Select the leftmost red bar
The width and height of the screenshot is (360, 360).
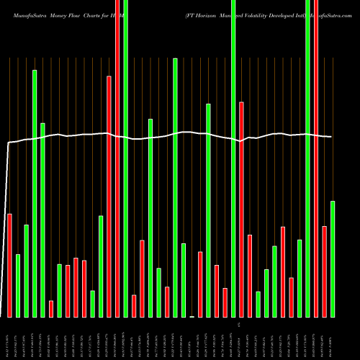[9, 265]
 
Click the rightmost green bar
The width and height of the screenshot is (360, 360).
[333, 258]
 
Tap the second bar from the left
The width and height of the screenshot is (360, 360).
[18, 285]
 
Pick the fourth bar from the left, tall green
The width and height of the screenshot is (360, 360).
[35, 193]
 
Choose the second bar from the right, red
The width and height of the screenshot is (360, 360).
[324, 271]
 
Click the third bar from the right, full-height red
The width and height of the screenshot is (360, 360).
[316, 158]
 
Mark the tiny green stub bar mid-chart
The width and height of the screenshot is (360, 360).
[192, 316]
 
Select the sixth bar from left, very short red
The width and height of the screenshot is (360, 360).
[51, 309]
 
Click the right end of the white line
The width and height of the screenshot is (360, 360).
[331, 137]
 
